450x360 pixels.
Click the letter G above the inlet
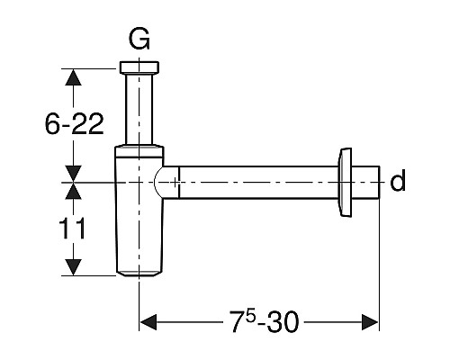coord(139,40)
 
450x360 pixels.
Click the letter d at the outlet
coord(398,180)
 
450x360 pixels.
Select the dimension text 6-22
coord(74,124)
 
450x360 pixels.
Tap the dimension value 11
coord(72,229)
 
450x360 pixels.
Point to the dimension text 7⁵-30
coord(265,321)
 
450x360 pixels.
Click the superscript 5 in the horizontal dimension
coord(251,317)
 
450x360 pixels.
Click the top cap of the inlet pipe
coord(139,67)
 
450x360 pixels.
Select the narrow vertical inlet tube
coord(139,110)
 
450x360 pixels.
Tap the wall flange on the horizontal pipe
coord(345,182)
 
